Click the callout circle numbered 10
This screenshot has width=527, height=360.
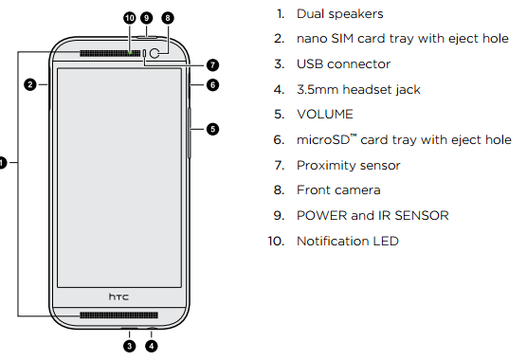click(130, 18)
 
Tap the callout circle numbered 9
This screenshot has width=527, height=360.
click(146, 18)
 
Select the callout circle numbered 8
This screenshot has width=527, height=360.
click(168, 18)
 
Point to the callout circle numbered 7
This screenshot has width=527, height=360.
click(212, 64)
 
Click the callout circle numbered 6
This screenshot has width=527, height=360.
click(212, 84)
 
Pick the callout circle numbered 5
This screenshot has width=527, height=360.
click(212, 129)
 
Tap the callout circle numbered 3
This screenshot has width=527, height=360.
click(130, 346)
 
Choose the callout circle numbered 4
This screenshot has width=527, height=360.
click(152, 346)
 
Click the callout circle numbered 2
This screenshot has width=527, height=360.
click(30, 84)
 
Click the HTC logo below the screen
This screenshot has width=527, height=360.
click(118, 297)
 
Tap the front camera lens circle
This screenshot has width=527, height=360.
click(154, 53)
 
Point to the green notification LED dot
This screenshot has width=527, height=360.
click(130, 53)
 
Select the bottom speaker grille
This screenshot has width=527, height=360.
click(118, 315)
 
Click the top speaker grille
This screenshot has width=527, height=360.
click(110, 53)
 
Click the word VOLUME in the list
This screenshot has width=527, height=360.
click(325, 115)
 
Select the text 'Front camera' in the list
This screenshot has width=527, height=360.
click(338, 190)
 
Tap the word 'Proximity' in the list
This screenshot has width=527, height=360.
click(322, 165)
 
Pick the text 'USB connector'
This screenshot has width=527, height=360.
click(343, 64)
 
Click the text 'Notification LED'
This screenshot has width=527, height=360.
click(348, 242)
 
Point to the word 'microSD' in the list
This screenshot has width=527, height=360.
click(323, 139)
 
